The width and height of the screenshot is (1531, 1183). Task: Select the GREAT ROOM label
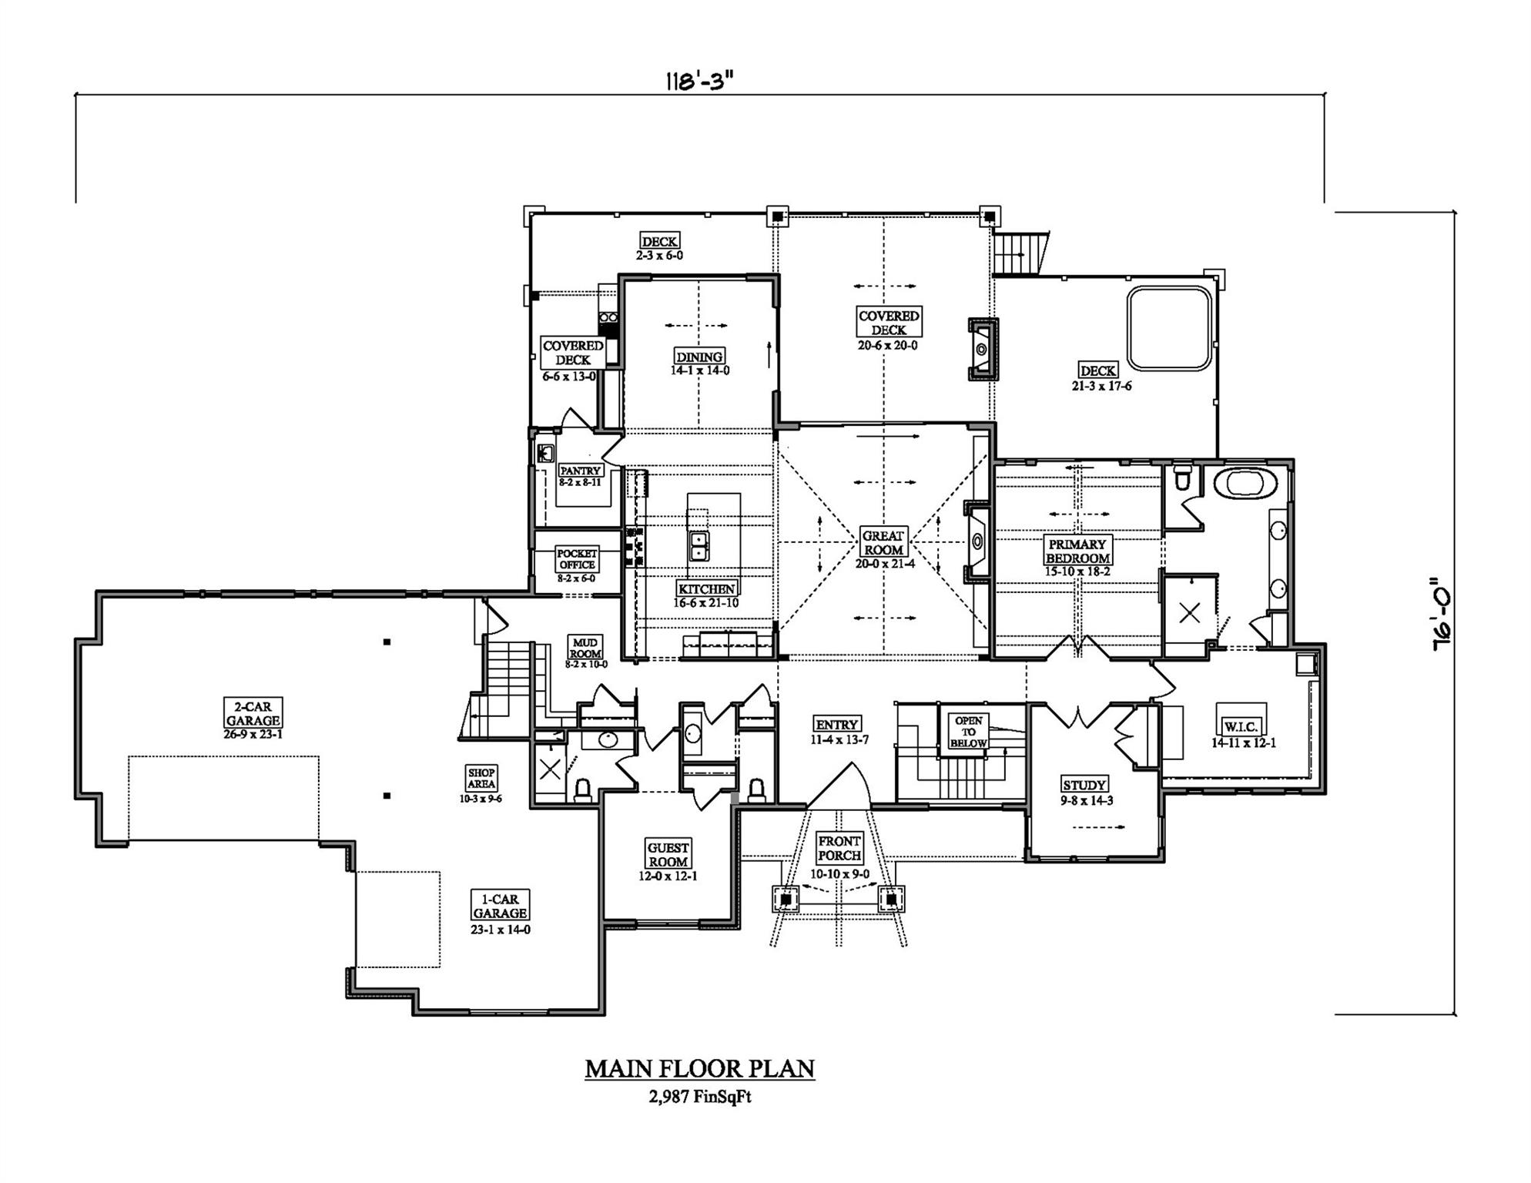coord(883,542)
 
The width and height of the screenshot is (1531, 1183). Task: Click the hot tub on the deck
coord(1170,329)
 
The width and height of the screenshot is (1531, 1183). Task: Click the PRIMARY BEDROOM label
coord(1077,551)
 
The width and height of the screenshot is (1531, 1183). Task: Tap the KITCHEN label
coord(706,589)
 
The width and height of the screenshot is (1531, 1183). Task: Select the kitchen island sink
coord(699,546)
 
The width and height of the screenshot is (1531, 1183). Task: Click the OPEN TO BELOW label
coord(968,732)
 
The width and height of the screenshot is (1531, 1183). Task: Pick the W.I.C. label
coord(1241,727)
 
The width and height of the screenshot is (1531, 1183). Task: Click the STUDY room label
coord(1084,785)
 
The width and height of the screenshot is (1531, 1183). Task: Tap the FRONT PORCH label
coord(839,848)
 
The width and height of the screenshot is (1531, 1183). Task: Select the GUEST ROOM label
coord(668,855)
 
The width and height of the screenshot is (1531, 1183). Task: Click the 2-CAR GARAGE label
coord(253,713)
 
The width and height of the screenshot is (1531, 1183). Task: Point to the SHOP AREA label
coord(481,778)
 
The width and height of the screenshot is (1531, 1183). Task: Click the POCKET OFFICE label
coord(577,558)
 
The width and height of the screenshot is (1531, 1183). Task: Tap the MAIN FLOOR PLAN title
coord(699,1069)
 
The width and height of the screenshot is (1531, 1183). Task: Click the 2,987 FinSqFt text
coord(699,1097)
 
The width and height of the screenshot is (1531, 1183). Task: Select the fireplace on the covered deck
coord(983,349)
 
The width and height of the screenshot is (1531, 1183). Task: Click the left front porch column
coord(786,899)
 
